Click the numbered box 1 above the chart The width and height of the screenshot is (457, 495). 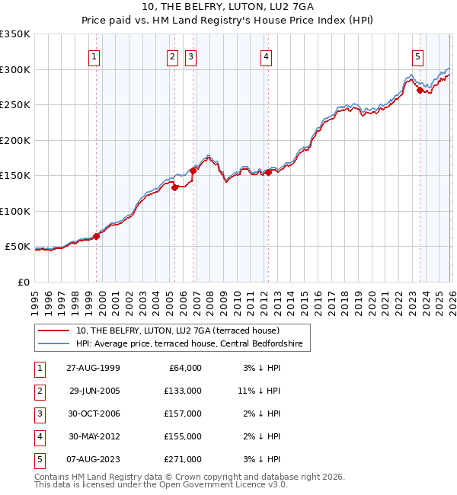94,56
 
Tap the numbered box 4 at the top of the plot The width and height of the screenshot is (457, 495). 266,56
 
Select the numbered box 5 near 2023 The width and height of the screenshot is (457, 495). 418,56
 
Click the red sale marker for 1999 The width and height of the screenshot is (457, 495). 97,237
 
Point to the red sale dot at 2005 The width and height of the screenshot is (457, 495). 175,187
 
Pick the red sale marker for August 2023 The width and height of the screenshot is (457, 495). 420,90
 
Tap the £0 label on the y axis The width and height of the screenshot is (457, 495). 23,283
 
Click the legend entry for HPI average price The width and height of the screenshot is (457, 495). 189,344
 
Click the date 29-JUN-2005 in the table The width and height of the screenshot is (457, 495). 94,390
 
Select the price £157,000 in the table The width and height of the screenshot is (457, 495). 182,413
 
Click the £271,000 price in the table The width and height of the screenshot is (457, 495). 182,458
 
